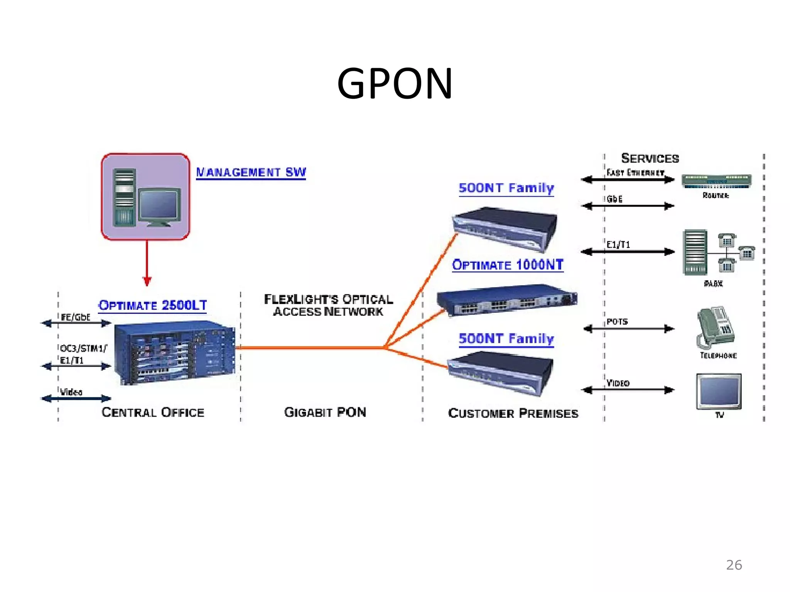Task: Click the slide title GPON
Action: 395,84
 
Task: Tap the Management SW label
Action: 251,172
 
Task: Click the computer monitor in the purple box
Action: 159,206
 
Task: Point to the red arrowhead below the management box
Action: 147,280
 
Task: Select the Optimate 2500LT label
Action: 153,306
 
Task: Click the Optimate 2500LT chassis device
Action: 175,352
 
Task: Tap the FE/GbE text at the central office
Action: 76,317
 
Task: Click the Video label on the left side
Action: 71,392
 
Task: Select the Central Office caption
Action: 153,412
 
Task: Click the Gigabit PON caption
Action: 325,412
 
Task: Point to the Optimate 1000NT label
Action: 508,265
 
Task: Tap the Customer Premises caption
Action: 513,414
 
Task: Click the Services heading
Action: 650,158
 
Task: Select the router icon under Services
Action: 716,181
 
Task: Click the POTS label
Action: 617,322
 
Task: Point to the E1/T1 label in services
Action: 618,245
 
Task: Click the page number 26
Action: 734,565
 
